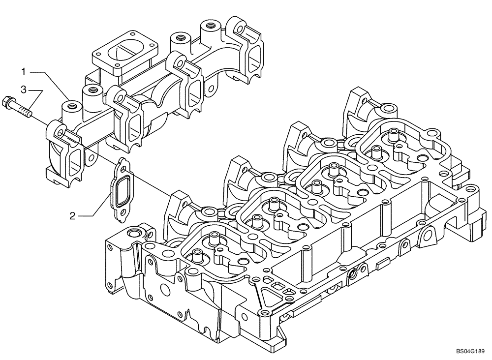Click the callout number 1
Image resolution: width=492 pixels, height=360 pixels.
pyautogui.click(x=23, y=72)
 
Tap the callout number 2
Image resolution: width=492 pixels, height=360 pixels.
pyautogui.click(x=72, y=215)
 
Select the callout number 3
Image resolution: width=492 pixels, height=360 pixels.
pyautogui.click(x=23, y=90)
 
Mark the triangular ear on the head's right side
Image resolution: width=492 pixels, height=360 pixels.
pyautogui.click(x=428, y=233)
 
